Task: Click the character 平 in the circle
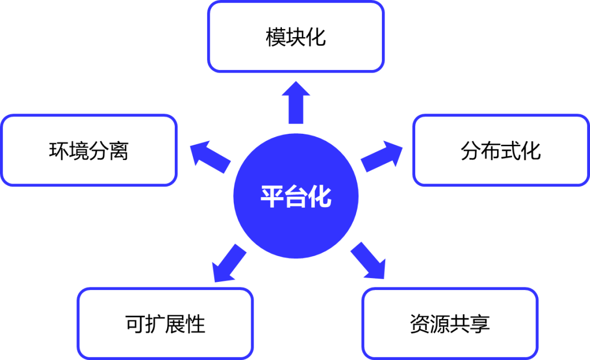[272, 197]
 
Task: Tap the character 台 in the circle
[296, 197]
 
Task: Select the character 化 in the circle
[320, 197]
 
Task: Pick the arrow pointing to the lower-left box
[229, 263]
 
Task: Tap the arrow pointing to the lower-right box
[368, 261]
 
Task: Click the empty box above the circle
[296, 37]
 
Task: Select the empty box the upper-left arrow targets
[90, 150]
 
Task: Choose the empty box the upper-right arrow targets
[500, 150]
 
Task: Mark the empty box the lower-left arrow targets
[166, 323]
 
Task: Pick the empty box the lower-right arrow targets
[450, 323]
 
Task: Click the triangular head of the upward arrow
[296, 90]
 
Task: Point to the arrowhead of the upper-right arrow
[394, 150]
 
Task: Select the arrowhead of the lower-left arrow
[220, 273]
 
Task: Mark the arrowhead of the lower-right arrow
[377, 270]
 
